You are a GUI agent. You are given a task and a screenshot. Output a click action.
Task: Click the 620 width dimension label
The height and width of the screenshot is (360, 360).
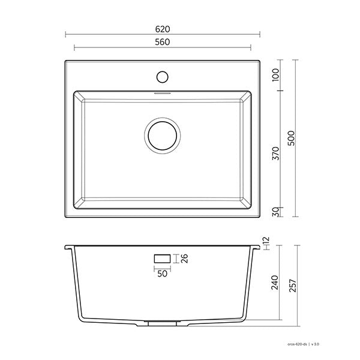coord(163,28)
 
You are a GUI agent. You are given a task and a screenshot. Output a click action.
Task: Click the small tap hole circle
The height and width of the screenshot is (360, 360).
coord(162,76)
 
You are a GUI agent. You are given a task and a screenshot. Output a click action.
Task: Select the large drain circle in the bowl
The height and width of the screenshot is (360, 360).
coord(162,134)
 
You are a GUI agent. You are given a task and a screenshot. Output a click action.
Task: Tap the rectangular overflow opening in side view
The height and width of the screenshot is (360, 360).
coord(162,258)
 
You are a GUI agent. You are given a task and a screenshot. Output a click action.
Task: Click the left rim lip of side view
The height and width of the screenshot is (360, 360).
coord(68,247)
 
